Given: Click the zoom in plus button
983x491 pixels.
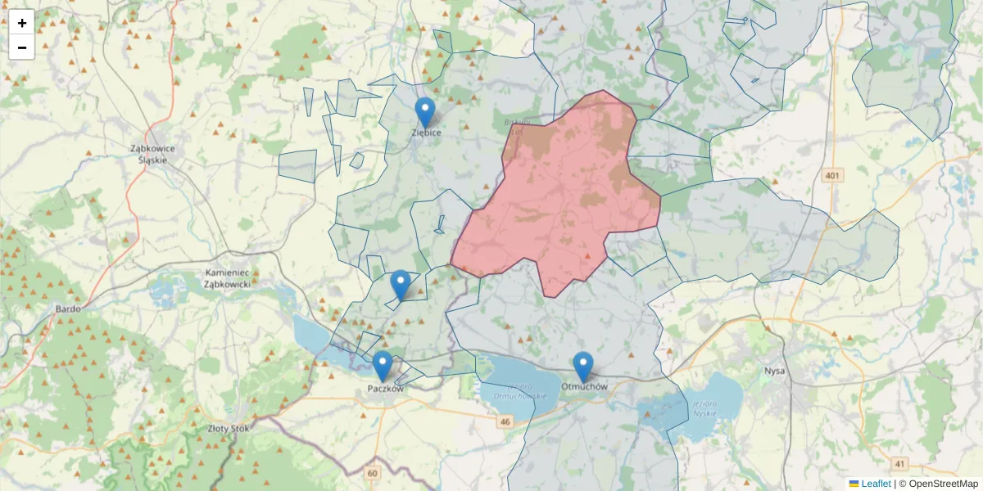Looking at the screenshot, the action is click(x=21, y=23).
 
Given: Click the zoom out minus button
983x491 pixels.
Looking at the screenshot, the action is click(x=21, y=47).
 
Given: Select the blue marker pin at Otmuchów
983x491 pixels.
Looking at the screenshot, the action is click(x=582, y=367).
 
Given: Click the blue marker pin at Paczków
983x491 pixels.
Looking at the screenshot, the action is click(x=383, y=366).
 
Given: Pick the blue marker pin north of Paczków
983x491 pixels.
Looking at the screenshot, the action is click(x=401, y=285).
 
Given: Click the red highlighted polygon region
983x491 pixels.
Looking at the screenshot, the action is click(x=557, y=196).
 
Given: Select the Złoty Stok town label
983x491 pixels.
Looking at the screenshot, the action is click(x=229, y=427).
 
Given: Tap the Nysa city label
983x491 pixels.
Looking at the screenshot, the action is click(x=774, y=371).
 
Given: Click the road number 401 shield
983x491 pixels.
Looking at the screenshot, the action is click(x=833, y=175).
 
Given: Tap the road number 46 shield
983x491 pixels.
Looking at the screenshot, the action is click(x=505, y=422).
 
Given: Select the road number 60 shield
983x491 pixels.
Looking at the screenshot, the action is click(x=374, y=473).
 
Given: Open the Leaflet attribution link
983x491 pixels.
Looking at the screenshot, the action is click(x=875, y=484).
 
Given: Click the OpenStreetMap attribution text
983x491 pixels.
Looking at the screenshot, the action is click(x=943, y=484).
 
